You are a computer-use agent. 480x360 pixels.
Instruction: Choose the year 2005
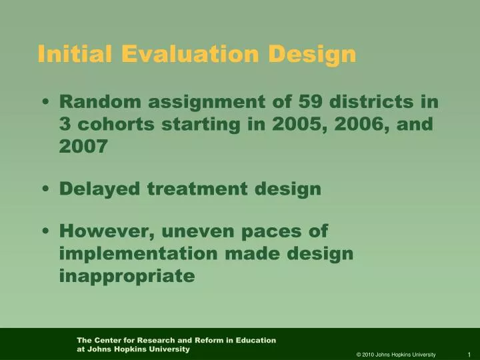coord(299,124)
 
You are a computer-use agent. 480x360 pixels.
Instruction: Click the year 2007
coord(83,147)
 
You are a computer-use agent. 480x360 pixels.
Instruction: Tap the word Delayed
coord(100,189)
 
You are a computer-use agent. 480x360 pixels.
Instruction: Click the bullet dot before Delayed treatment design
coord(45,190)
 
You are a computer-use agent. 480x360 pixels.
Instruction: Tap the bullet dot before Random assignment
coord(45,103)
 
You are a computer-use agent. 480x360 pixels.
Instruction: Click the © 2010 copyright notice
coord(396,354)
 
